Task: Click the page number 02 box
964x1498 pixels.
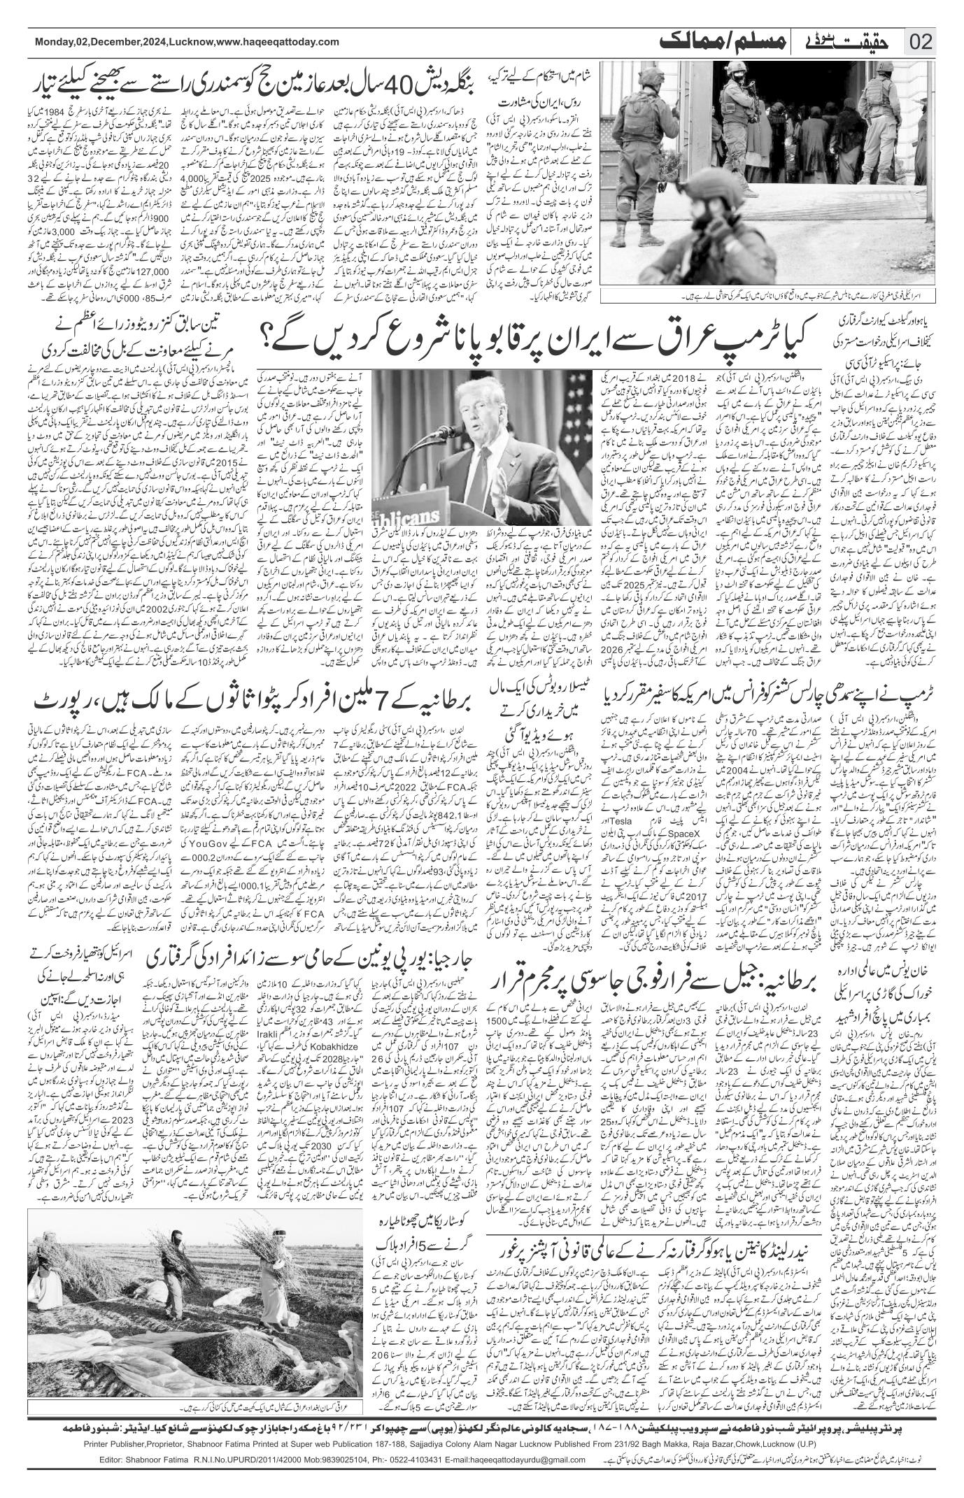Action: (921, 41)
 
